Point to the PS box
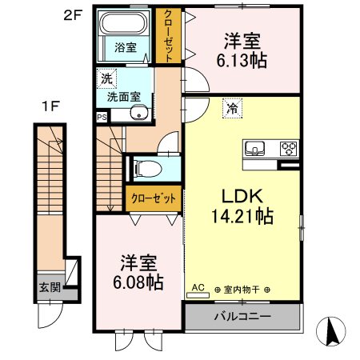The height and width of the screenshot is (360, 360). (101, 116)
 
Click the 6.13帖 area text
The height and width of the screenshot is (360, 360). (240, 59)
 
